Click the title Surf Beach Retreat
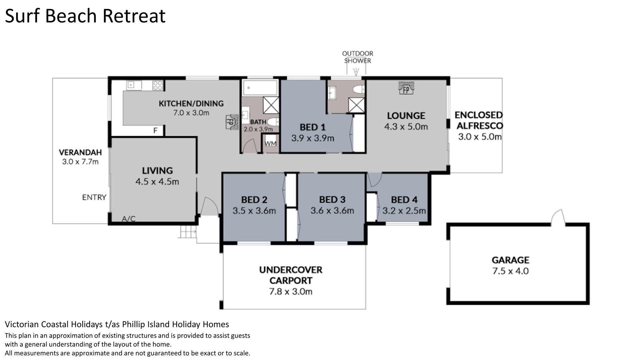(85, 16)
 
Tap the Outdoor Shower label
(358, 57)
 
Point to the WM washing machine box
(270, 143)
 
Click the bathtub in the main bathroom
(260, 88)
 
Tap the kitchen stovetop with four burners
(158, 85)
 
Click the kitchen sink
(134, 85)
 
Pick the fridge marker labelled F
(155, 131)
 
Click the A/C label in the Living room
(129, 219)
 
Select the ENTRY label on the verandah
(94, 197)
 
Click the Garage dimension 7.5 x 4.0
(510, 271)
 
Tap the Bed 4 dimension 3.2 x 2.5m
(404, 211)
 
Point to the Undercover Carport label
(291, 275)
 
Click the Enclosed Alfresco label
(479, 120)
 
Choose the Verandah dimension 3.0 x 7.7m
(80, 162)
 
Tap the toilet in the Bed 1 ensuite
(359, 89)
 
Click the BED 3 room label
(332, 200)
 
